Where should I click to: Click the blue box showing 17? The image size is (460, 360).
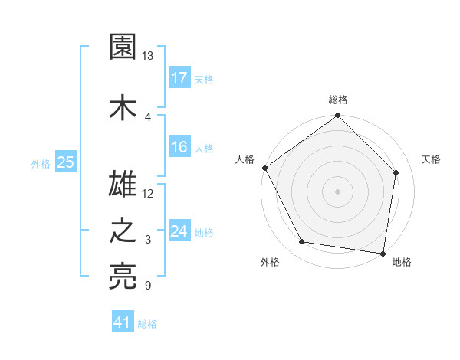tap(179, 78)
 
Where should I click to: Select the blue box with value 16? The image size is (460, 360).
tap(179, 147)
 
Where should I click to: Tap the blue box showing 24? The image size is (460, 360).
tap(179, 231)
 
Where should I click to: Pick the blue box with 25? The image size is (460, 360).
tap(65, 162)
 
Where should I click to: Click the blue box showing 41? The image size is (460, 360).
tap(123, 322)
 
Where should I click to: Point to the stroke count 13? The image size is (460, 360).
tap(148, 56)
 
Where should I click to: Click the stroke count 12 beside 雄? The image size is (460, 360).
tap(148, 192)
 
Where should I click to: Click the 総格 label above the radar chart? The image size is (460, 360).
tap(338, 100)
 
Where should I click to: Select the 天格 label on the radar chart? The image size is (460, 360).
tap(432, 159)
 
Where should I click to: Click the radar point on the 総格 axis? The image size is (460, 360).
tap(338, 116)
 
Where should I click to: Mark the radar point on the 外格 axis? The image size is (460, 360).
tap(302, 242)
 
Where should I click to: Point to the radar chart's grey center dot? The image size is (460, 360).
tap(338, 191)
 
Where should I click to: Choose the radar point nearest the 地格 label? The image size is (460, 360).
tap(383, 253)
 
